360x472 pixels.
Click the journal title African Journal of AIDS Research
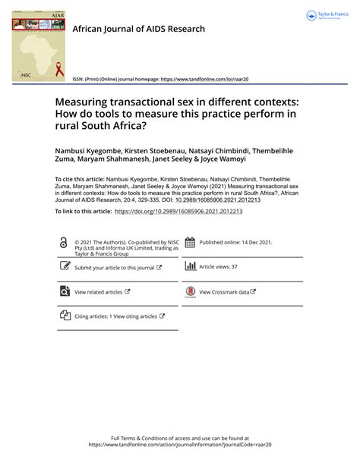point(138,29)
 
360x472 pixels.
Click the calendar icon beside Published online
point(190,243)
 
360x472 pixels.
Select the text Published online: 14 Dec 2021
point(235,243)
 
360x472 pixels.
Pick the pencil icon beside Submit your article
point(64,267)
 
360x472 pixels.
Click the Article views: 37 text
point(218,267)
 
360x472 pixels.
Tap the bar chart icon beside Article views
point(190,266)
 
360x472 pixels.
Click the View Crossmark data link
point(227,291)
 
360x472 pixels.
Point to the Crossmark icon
point(190,292)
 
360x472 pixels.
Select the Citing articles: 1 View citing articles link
point(115,316)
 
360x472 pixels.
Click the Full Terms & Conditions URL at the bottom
point(179,445)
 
